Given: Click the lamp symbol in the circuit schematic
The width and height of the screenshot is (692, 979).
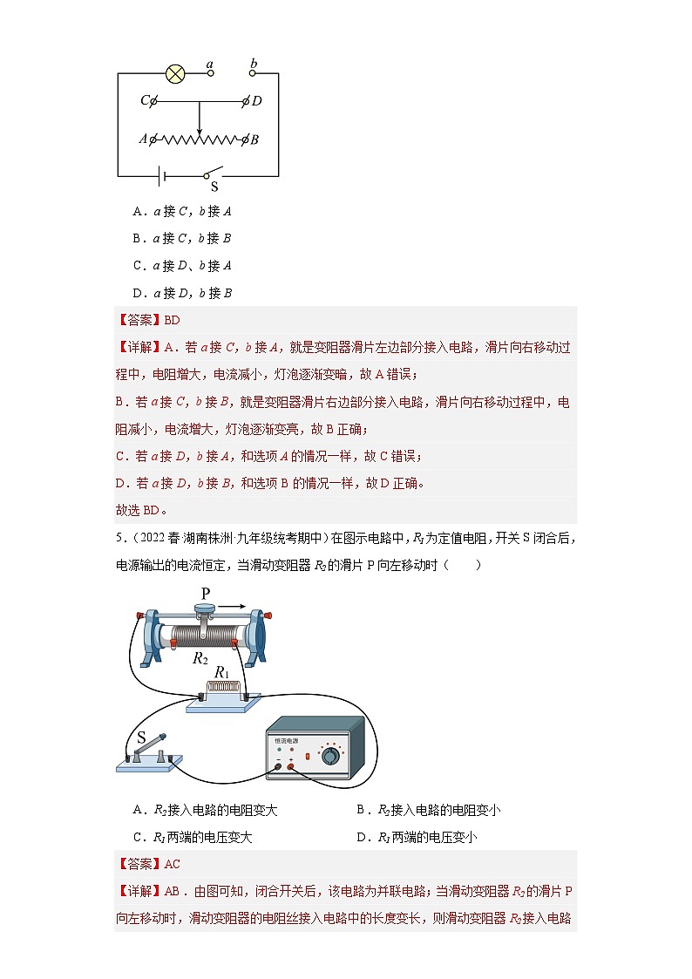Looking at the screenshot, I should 175,73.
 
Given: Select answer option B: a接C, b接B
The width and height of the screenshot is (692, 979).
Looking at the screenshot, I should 181,238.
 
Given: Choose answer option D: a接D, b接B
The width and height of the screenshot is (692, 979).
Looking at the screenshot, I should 181,293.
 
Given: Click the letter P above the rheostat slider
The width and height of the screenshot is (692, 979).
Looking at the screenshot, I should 206,594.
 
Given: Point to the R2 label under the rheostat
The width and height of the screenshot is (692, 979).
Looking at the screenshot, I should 200,657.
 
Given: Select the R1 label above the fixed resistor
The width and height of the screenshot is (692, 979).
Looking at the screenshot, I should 221,673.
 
